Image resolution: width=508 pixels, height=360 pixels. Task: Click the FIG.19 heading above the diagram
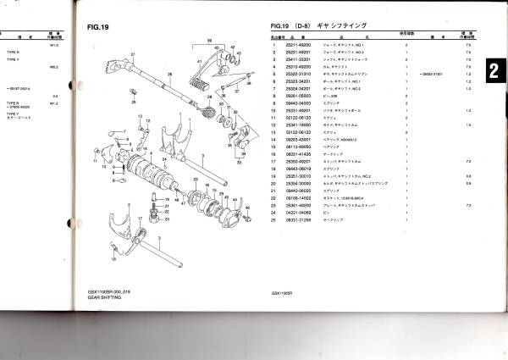point(99,28)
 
